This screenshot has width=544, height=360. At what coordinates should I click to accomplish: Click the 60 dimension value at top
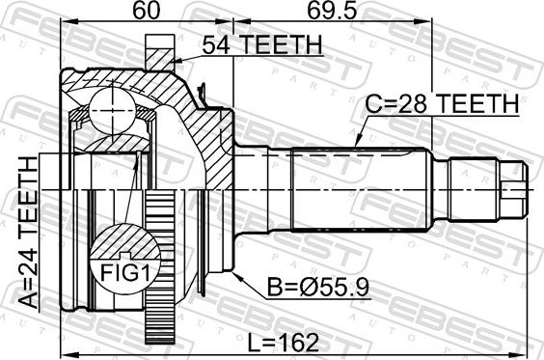[x=148, y=11]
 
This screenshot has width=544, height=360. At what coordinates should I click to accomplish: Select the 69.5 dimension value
[x=332, y=11]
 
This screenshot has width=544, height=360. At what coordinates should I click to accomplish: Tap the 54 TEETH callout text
[x=262, y=44]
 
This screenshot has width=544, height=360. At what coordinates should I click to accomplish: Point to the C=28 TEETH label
[x=442, y=103]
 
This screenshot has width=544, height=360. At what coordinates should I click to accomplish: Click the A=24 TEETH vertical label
[x=28, y=233]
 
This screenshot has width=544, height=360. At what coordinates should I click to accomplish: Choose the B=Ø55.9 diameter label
[x=318, y=288]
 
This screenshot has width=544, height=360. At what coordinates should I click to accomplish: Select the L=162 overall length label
[x=284, y=343]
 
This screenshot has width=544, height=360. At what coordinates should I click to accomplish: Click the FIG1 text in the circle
[x=125, y=273]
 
